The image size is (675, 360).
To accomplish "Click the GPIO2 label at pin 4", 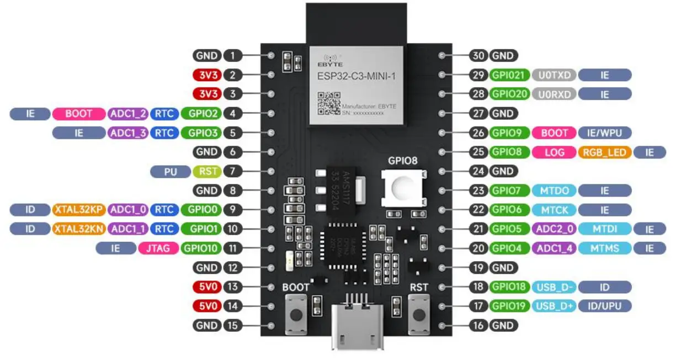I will pyautogui.click(x=201, y=114).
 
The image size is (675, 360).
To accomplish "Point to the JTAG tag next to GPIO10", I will pyautogui.click(x=158, y=248).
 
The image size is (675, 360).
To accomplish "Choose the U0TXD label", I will pyautogui.click(x=554, y=75).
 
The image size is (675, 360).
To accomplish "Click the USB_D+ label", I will pyautogui.click(x=554, y=306).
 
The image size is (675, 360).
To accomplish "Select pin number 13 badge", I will pyautogui.click(x=233, y=287).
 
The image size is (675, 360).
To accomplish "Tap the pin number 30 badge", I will pyautogui.click(x=478, y=56).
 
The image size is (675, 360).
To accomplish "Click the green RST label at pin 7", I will pyautogui.click(x=208, y=171).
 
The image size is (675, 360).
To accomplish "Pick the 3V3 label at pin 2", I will pyautogui.click(x=206, y=75).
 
